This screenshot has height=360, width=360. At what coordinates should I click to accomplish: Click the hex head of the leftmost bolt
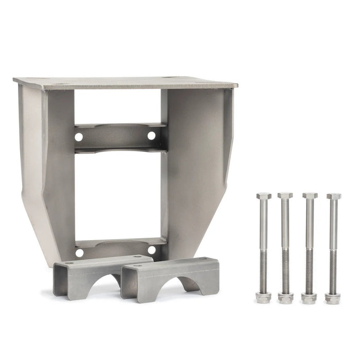(263, 196)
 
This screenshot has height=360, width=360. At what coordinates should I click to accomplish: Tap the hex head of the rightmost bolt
(334, 196)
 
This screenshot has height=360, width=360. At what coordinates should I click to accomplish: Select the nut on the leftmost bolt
(263, 297)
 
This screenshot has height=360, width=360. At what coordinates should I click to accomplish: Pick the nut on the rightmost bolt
(332, 298)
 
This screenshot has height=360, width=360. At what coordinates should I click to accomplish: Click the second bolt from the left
(285, 242)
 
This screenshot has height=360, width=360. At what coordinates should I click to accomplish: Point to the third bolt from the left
(310, 242)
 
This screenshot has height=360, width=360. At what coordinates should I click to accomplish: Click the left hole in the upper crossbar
(79, 137)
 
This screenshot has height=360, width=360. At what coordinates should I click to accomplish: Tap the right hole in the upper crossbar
(152, 135)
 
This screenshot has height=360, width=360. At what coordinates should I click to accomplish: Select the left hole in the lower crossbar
(79, 253)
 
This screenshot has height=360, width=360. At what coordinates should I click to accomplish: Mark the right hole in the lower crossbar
(152, 250)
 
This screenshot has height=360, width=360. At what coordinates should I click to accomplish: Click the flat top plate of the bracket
(126, 82)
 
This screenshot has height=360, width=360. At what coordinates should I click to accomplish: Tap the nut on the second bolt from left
(285, 298)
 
